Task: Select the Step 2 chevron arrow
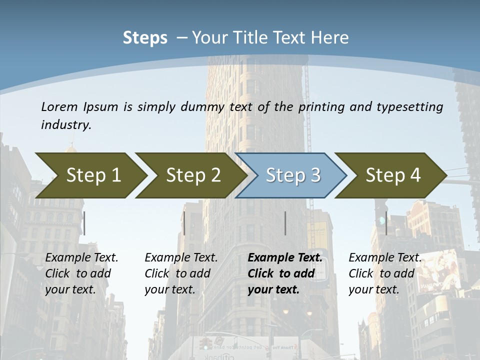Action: point(193,175)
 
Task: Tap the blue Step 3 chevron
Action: point(293,175)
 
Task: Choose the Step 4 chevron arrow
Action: point(393,175)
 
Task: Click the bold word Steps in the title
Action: point(145,38)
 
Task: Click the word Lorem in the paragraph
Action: point(59,106)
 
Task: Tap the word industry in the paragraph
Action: point(66,124)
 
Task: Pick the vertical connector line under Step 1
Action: point(84,223)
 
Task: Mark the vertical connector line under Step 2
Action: point(184,223)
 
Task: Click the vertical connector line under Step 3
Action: point(285,223)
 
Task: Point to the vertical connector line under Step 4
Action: point(386,223)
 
